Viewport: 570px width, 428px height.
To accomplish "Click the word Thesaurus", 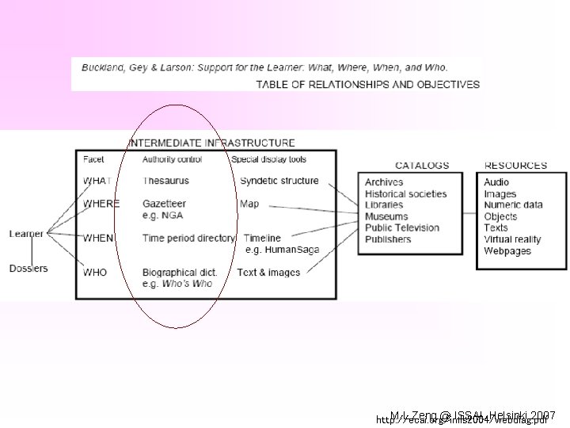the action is (165, 181).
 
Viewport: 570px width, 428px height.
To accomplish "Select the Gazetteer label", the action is (164, 204).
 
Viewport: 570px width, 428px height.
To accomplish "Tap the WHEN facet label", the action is (98, 238).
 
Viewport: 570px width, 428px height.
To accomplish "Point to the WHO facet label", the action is (95, 273).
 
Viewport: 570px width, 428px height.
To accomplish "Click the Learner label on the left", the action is (26, 234).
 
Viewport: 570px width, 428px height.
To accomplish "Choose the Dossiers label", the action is (28, 268).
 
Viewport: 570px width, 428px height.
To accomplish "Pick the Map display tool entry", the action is (249, 204).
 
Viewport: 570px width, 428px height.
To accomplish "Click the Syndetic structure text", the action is (279, 181).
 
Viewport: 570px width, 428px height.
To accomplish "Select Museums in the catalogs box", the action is (386, 216).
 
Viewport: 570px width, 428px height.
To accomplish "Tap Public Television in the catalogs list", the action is (402, 227).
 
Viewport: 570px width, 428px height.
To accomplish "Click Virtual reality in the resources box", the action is (512, 239).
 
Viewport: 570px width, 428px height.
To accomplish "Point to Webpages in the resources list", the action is (507, 251).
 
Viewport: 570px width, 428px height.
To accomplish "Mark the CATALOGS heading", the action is (422, 166).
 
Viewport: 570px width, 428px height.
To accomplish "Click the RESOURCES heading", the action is (515, 166).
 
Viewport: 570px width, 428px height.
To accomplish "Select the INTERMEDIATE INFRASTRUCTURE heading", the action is (211, 143).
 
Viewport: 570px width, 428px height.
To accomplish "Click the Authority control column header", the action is (172, 159).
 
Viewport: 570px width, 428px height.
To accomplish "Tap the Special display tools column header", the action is (269, 159).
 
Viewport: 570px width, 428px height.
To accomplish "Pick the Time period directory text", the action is (188, 238).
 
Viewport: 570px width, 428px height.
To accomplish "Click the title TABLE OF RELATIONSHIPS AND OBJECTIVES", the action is (367, 84).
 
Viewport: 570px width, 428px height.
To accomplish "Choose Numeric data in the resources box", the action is (513, 204).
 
